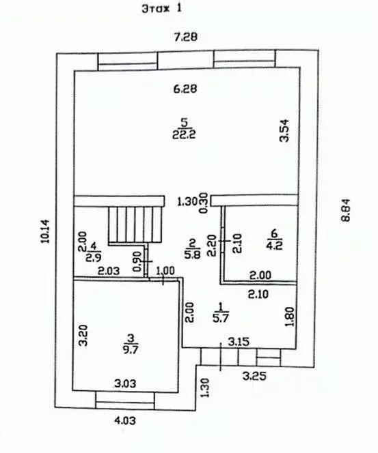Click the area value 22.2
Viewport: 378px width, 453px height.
[182, 134]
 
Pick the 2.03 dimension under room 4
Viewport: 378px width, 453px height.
[107, 272]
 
